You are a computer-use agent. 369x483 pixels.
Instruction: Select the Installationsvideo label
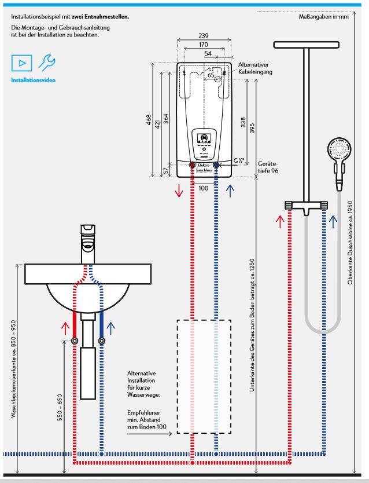33,79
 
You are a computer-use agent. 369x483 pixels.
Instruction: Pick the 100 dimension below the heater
203,188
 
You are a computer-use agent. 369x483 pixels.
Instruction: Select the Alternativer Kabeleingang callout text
254,68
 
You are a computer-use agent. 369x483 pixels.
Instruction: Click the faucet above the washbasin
87,238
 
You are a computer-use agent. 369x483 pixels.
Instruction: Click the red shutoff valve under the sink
75,341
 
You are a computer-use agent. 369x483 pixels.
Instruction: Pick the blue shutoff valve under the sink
101,341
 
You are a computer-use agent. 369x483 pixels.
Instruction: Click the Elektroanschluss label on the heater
203,168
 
